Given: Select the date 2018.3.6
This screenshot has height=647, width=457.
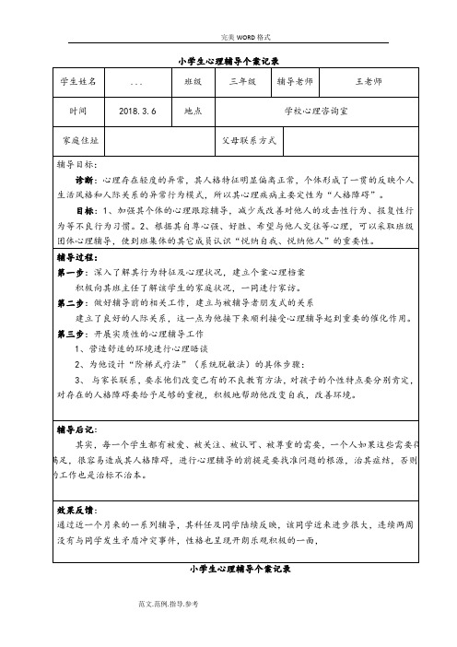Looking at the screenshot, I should [138, 111].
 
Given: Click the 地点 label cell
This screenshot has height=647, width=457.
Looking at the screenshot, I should [193, 111].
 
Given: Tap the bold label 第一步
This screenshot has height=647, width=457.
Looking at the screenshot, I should [73, 274].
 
